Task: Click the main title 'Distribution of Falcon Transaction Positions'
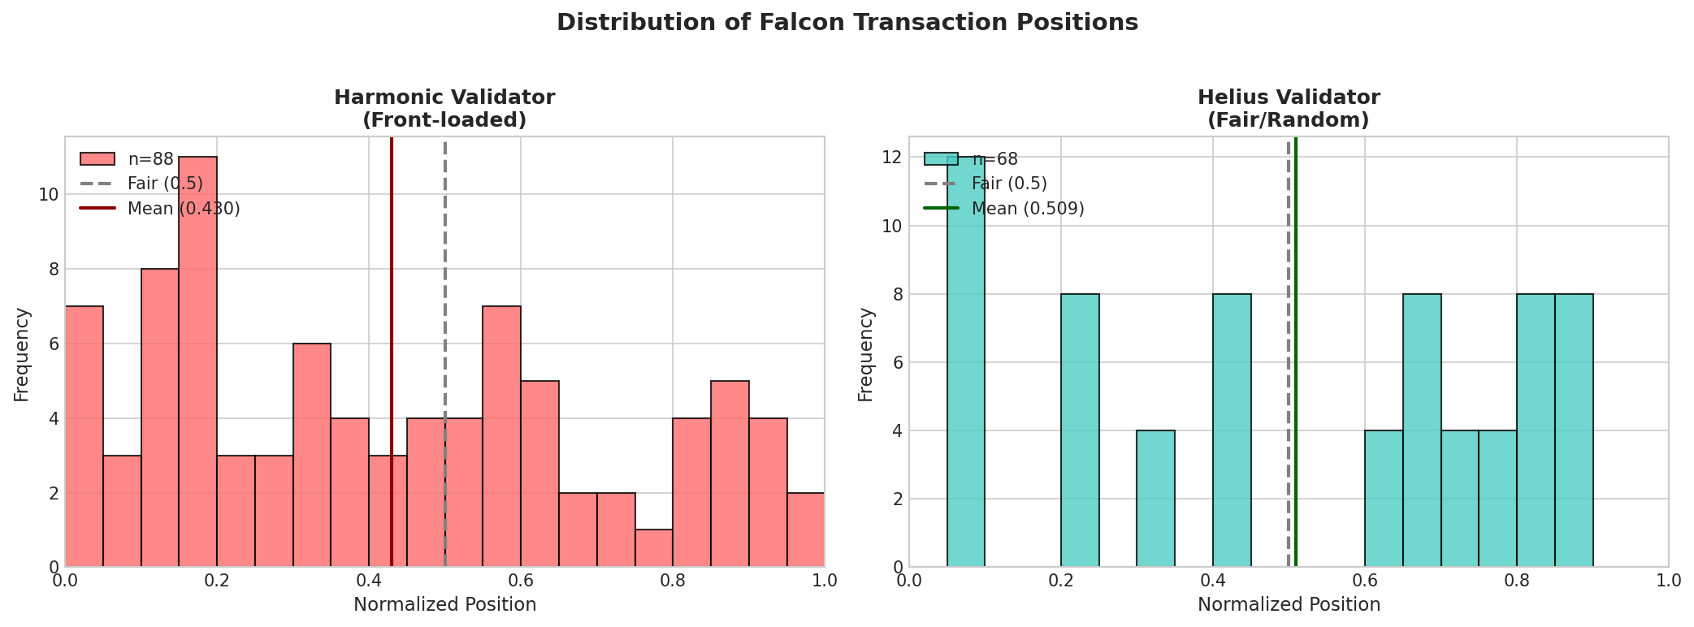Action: (847, 23)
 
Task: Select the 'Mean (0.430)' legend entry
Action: (183, 209)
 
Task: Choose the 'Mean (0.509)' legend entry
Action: (1027, 209)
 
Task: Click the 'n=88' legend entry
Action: (150, 159)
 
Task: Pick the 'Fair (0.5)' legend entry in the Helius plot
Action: (1008, 184)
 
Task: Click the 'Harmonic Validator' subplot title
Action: (444, 98)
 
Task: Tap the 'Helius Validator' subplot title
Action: (1289, 98)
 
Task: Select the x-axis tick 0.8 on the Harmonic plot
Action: (673, 582)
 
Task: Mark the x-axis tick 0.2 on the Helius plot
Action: (1061, 582)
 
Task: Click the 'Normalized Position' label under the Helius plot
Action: (1289, 605)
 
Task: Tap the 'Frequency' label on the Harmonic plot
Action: (22, 354)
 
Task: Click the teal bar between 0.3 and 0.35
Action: (1155, 499)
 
